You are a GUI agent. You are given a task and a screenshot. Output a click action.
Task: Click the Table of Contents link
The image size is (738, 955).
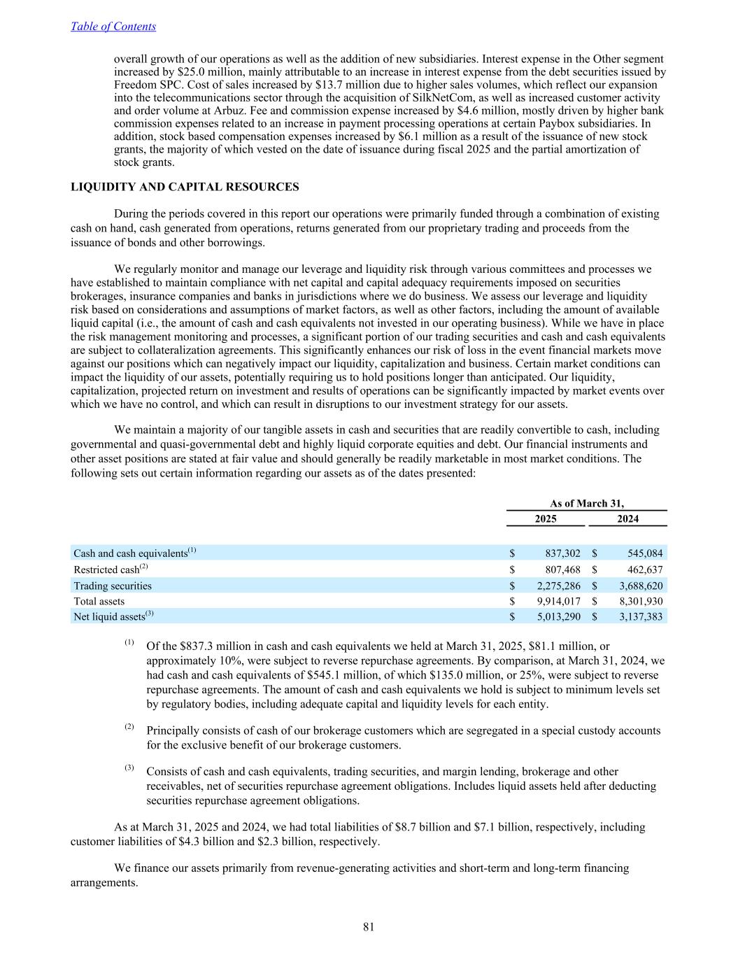coord(113,27)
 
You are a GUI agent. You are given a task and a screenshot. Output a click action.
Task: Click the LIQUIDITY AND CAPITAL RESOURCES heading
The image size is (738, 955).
coord(185,187)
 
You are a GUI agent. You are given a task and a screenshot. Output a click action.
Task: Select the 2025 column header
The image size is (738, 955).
coord(546,518)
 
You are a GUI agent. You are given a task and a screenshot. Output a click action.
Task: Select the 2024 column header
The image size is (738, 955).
coord(627,518)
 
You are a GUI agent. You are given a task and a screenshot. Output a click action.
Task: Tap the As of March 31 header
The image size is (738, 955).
coord(586,503)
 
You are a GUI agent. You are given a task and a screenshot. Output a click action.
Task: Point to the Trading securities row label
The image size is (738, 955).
coord(113,586)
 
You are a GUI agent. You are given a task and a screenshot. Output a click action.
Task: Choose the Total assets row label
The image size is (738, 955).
coord(99,601)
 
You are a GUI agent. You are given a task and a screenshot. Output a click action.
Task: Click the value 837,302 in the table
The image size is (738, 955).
coord(562,553)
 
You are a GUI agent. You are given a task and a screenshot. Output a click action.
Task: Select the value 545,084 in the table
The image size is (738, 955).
coord(644,553)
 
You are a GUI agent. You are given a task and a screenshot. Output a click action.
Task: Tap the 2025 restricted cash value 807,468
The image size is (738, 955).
coord(562,570)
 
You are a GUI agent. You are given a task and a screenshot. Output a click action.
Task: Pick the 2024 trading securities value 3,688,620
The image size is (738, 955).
coord(637,586)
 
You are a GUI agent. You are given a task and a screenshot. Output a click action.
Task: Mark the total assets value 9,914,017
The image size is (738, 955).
coord(557,601)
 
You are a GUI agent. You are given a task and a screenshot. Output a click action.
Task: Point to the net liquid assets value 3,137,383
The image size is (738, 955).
coord(637,616)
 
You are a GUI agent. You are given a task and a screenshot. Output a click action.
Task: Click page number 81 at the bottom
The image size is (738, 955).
coord(369,927)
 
